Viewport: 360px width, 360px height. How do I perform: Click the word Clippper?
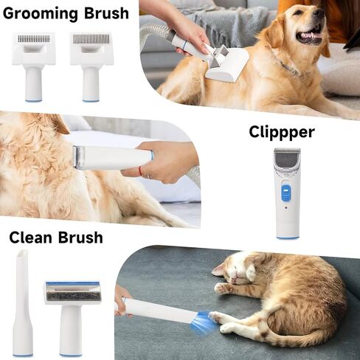(x=281, y=132)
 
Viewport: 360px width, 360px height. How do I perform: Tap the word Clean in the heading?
(x=31, y=237)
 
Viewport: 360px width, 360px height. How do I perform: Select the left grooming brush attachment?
(x=34, y=62)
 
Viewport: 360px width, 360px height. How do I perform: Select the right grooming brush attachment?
(x=91, y=62)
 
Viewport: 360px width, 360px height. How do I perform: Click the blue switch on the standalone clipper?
(x=284, y=194)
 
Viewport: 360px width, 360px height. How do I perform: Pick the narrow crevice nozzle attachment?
(x=22, y=302)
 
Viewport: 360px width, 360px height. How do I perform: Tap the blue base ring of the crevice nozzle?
(x=22, y=355)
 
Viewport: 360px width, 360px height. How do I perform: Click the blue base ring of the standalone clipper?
(x=288, y=237)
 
